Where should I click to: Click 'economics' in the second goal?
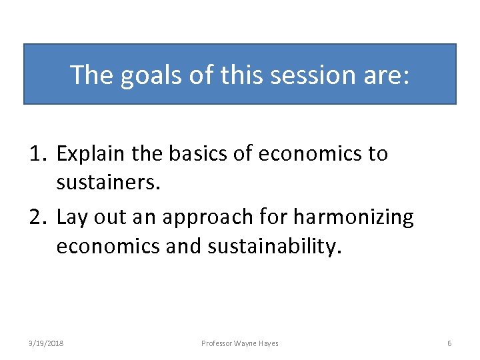pyautogui.click(x=107, y=247)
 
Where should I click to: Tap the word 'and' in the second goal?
pyautogui.click(x=183, y=247)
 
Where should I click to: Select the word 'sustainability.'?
pyautogui.click(x=275, y=247)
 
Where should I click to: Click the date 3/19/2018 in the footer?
pyautogui.click(x=46, y=343)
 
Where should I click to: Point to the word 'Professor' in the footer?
pyautogui.click(x=217, y=343)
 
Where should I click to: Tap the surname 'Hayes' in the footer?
pyautogui.click(x=267, y=343)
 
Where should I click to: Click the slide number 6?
pyautogui.click(x=449, y=343)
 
